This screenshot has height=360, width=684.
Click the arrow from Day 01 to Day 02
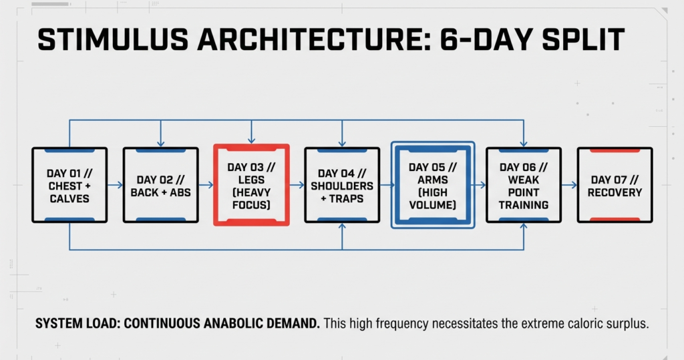[x=115, y=185]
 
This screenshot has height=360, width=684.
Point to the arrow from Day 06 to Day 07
[x=569, y=185]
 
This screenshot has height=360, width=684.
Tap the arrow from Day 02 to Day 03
[x=206, y=185]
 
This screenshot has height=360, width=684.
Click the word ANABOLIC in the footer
[x=233, y=323]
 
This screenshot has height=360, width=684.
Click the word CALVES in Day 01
[x=69, y=198]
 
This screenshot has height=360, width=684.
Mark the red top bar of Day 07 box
[x=615, y=150]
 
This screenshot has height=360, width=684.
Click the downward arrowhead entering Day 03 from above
[x=251, y=140]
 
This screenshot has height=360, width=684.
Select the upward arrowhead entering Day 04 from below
[x=343, y=226]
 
